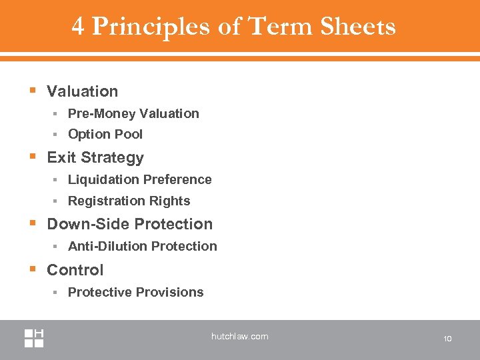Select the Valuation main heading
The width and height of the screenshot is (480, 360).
point(82,91)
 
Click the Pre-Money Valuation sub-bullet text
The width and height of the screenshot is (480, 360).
point(133,113)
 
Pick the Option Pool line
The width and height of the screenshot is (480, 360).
point(105,134)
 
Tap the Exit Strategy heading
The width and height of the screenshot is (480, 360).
point(95,157)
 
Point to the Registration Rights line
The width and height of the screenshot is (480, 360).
point(129,201)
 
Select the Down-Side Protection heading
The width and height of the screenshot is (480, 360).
point(129,224)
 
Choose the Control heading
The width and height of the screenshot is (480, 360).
point(75,270)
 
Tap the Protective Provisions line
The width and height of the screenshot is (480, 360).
point(135,292)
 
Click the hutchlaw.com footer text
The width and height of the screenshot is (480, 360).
point(239,337)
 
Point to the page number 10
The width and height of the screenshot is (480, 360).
point(447,339)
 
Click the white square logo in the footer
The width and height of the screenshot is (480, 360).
point(35,338)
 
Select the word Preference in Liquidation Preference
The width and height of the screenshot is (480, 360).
point(179,179)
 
